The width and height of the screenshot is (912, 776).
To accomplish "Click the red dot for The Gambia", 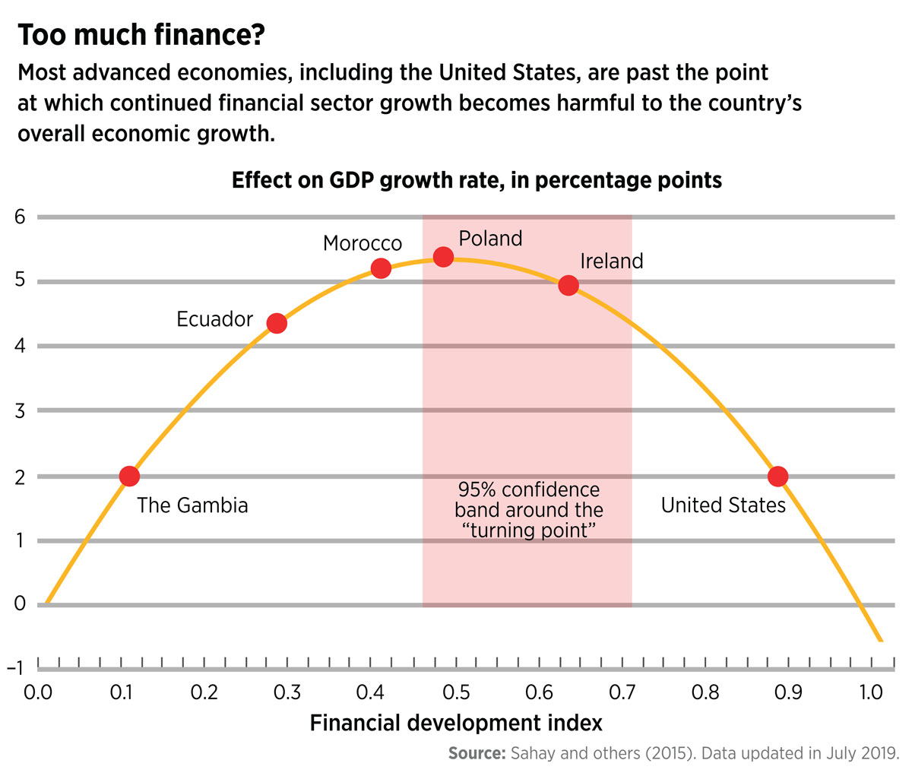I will [129, 477].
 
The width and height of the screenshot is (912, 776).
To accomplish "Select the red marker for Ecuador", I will [277, 323].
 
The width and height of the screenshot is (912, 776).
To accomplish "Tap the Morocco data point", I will [381, 268].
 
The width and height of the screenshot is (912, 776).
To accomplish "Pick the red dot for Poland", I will [443, 257].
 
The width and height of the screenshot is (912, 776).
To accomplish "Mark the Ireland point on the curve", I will [568, 286].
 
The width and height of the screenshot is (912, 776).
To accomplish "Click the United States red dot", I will [777, 477].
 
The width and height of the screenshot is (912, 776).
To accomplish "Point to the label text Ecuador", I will [214, 319].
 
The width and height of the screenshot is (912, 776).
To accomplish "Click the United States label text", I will [723, 505].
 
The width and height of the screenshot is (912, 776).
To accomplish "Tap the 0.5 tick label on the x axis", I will [455, 692].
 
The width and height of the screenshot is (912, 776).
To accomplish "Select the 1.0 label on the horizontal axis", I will [871, 692].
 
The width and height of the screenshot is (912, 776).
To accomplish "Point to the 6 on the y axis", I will [20, 217].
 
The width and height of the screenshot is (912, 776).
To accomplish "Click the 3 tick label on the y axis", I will [20, 411].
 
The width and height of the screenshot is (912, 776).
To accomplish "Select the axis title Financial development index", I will [456, 723].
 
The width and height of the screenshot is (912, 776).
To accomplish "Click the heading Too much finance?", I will [141, 36].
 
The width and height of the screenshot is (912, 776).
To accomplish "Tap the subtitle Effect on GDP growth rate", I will [477, 181].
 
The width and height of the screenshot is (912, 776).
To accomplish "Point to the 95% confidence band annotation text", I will [528, 510].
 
